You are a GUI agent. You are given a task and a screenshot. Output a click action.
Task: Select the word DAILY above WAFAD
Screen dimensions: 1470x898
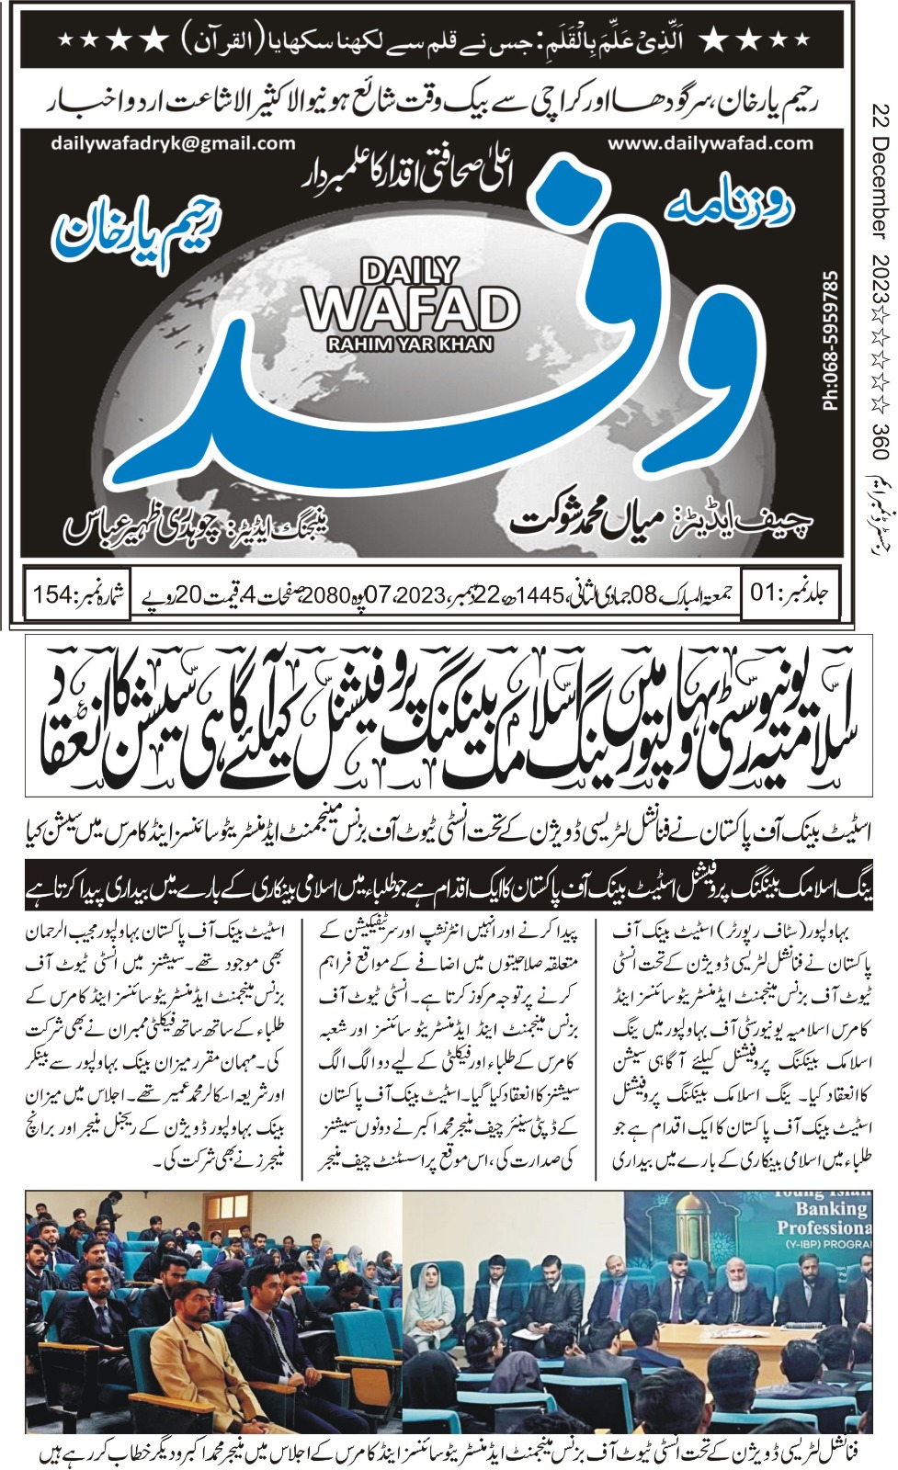[410, 271]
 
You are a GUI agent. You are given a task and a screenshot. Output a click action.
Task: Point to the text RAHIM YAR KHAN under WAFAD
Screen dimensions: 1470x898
[411, 344]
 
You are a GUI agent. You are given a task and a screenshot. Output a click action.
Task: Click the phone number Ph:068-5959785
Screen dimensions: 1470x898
[830, 340]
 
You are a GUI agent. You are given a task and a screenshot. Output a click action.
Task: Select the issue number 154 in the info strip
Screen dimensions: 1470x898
[54, 593]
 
